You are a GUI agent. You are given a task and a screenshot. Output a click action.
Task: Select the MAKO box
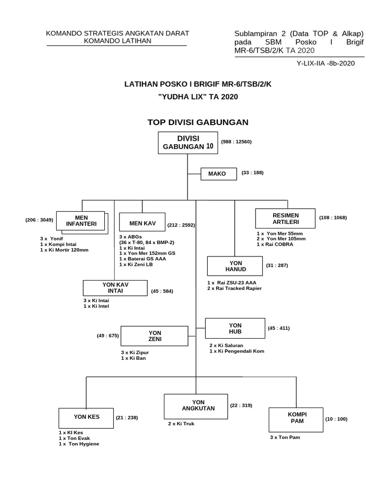217,174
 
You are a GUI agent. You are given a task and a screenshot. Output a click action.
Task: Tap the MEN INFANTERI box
81,221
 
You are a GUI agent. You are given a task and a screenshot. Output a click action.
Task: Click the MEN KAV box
142,223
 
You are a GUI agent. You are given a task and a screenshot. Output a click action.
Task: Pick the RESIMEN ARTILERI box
285,219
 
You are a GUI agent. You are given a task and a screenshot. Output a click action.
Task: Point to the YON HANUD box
236,266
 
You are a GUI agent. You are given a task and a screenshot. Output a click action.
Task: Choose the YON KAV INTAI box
115,287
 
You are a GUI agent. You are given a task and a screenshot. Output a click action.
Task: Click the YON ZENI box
155,336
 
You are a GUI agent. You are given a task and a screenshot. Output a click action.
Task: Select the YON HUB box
235,328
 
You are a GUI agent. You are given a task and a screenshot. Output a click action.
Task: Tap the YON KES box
86,417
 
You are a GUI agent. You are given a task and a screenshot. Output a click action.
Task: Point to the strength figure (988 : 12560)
237,142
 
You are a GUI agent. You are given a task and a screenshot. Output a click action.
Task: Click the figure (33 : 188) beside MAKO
252,173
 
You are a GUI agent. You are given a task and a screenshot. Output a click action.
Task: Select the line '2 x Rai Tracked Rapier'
234,288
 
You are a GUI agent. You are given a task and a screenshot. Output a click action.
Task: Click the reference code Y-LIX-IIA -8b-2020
325,63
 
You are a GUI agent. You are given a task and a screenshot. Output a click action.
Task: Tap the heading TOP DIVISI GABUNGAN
198,122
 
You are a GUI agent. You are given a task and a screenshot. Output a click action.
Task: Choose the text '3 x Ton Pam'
284,437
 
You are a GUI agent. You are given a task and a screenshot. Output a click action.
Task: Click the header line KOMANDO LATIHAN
118,41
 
